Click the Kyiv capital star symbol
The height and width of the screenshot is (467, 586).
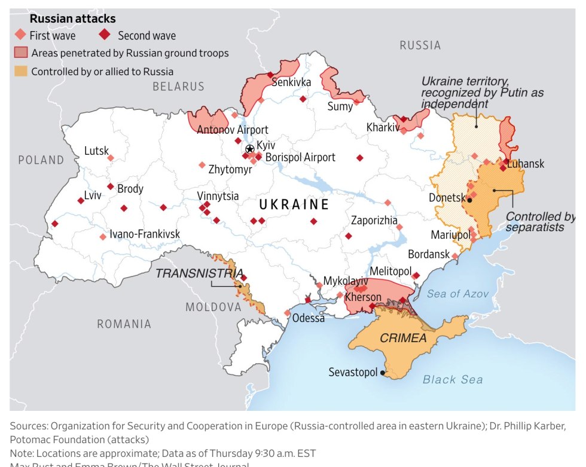pyautogui.click(x=250, y=149)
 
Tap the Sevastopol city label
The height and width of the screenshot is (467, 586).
pyautogui.click(x=353, y=373)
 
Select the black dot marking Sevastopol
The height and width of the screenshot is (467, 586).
pyautogui.click(x=383, y=373)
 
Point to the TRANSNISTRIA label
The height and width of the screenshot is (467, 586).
pyautogui.click(x=199, y=274)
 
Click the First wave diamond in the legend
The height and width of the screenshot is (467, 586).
pyautogui.click(x=20, y=35)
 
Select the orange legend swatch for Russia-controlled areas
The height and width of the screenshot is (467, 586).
pyautogui.click(x=20, y=72)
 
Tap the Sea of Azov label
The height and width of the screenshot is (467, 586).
pyautogui.click(x=457, y=294)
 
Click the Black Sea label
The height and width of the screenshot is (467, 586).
pyautogui.click(x=453, y=379)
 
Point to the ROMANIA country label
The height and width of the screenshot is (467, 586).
pyautogui.click(x=124, y=324)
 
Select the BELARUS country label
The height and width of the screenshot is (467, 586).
pyautogui.click(x=178, y=87)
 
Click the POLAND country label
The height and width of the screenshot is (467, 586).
pyautogui.click(x=41, y=160)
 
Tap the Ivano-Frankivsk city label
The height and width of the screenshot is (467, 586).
pyautogui.click(x=145, y=235)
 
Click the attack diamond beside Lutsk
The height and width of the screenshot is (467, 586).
pyautogui.click(x=111, y=158)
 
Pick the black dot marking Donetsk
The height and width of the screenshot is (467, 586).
pyautogui.click(x=469, y=201)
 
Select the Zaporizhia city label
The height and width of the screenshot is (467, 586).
pyautogui.click(x=374, y=220)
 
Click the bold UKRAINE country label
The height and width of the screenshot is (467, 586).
pyautogui.click(x=294, y=205)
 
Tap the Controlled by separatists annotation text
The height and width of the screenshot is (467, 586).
pyautogui.click(x=540, y=222)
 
